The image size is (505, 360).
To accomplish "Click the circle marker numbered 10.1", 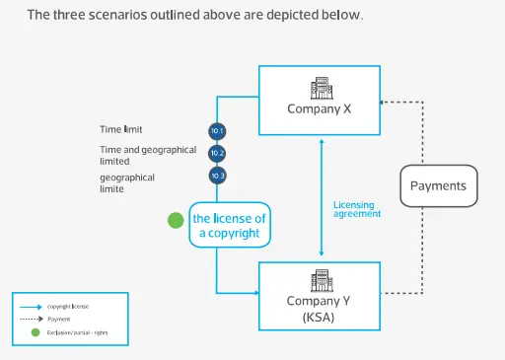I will click(218, 130).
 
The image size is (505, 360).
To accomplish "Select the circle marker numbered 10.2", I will click(218, 153).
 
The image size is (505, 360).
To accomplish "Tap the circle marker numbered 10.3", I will click(218, 176).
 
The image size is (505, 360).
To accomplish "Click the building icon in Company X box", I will click(320, 88).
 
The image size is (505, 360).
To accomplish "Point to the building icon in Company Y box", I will click(320, 279).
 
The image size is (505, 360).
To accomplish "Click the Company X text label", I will click(320, 109).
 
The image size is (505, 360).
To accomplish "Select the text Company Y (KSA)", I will click(320, 309).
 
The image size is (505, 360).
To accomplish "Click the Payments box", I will click(438, 185).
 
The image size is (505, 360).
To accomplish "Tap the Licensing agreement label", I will click(353, 208).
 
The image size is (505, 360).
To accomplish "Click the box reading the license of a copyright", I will click(230, 225).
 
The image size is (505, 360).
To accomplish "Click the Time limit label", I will click(121, 129).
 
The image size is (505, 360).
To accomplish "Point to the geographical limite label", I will click(125, 181).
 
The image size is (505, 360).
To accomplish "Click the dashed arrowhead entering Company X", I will click(385, 101).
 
